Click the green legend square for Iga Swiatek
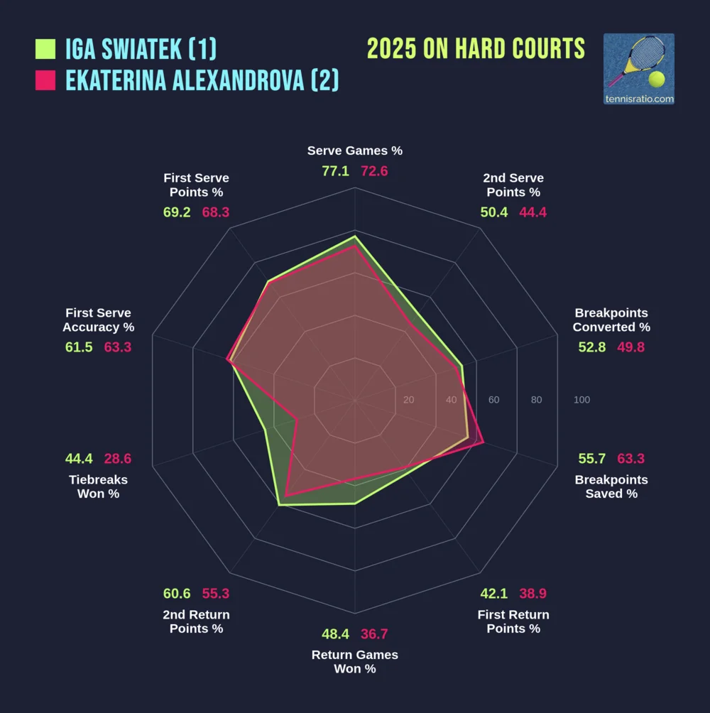click(x=45, y=49)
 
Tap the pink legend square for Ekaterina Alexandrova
click(x=45, y=80)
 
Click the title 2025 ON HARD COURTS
click(x=476, y=49)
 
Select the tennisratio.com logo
click(x=638, y=69)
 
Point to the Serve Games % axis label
click(x=355, y=151)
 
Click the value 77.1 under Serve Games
click(x=335, y=171)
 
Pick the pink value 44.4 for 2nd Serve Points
click(x=532, y=212)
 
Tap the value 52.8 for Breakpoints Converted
click(x=591, y=347)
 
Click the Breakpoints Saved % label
click(x=611, y=486)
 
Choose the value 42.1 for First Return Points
click(x=494, y=594)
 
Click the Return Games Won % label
click(x=355, y=661)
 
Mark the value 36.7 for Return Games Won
click(x=374, y=634)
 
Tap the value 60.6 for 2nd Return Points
click(x=177, y=594)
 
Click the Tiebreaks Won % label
click(x=98, y=486)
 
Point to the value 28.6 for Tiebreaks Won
click(x=118, y=459)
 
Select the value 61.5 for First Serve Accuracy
click(x=79, y=347)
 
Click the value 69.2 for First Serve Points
click(x=177, y=212)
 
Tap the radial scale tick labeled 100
click(x=581, y=400)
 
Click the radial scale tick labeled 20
click(x=408, y=400)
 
